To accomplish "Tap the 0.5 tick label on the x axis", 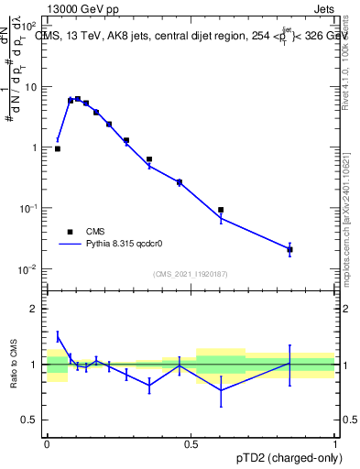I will tap(191, 444).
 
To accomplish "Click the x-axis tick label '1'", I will tap(335, 444).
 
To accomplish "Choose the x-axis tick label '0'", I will tap(47, 444).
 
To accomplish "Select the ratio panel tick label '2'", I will tap(35, 309).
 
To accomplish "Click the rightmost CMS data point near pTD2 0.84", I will tap(289, 249).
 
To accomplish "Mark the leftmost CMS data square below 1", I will tap(58, 148).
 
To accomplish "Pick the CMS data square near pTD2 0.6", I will tap(221, 210).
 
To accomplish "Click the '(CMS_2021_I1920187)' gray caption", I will tap(190, 273).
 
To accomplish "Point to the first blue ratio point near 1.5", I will tap(58, 337).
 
